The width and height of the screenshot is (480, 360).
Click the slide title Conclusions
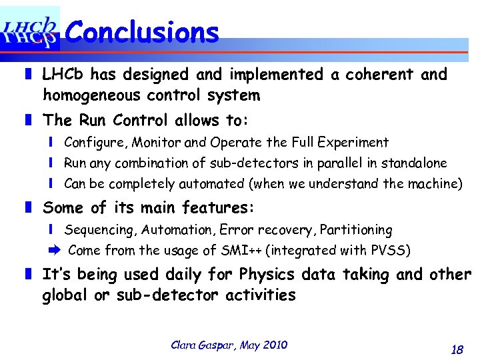click(143, 31)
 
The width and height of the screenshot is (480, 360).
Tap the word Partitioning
click(356, 230)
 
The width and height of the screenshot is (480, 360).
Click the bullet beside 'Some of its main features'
click(28, 208)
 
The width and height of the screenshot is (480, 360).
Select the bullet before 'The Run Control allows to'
click(28, 121)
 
